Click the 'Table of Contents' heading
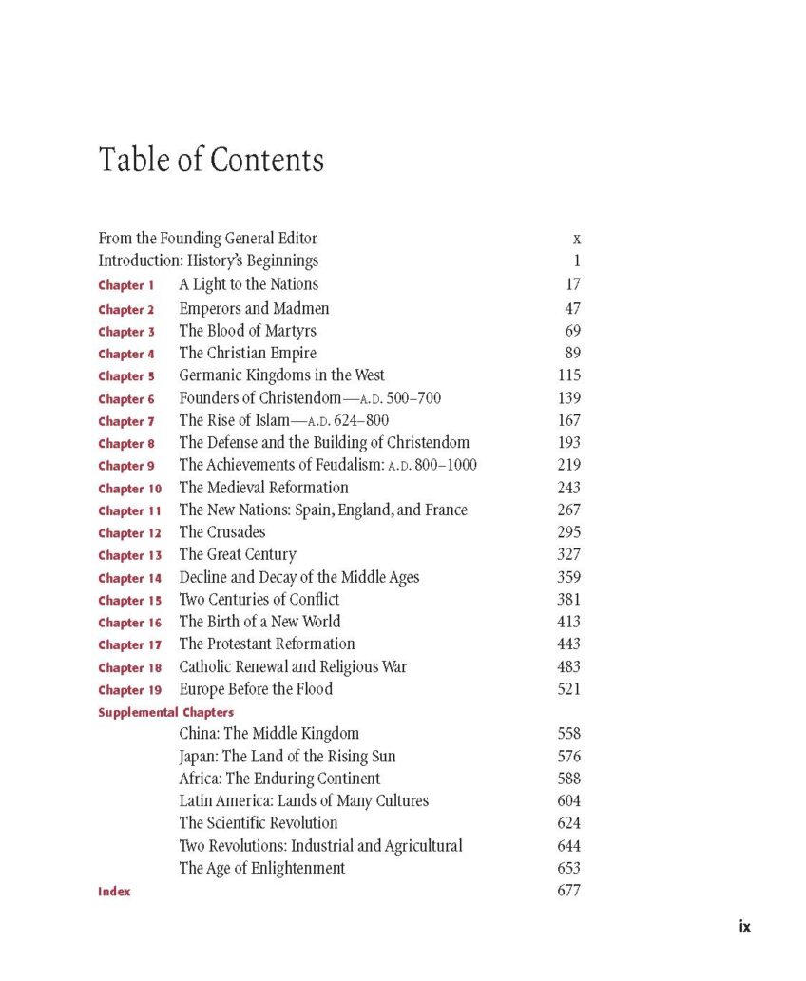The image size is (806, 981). [x=211, y=160]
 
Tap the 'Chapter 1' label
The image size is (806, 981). [x=125, y=285]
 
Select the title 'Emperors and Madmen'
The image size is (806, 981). [x=254, y=308]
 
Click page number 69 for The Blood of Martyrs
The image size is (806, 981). [x=568, y=331]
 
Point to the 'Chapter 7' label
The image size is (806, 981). [x=125, y=421]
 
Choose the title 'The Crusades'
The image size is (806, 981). [x=221, y=532]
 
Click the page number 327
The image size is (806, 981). [x=568, y=554]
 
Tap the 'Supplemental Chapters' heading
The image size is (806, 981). [x=165, y=712]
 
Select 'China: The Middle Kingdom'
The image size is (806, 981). [x=269, y=734]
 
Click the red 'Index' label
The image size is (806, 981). [x=114, y=892]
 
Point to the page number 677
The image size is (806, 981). [x=568, y=891]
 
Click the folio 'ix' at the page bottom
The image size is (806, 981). [x=744, y=926]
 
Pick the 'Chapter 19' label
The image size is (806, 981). [x=129, y=690]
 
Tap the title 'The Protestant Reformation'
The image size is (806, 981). [x=267, y=644]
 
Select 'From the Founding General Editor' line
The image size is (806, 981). [x=207, y=239]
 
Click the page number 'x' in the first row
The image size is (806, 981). [x=576, y=239]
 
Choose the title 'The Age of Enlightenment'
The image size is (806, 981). [x=261, y=868]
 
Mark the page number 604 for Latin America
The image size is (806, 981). [x=568, y=801]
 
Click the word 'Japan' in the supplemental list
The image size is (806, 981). [x=197, y=757]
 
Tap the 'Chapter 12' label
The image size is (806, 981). [x=129, y=533]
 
